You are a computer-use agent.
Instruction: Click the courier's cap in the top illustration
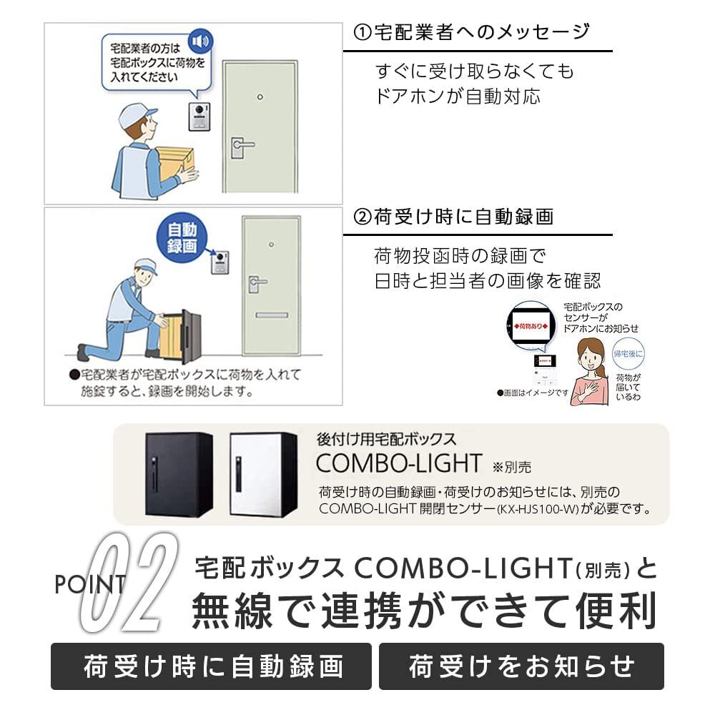point(137,114)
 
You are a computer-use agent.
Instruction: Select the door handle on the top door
point(240,147)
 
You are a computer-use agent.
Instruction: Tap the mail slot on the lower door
point(271,315)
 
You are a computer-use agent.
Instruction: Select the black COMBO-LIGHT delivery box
point(179,473)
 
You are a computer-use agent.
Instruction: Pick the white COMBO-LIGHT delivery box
point(263,473)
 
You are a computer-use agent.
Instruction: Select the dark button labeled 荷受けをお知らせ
point(521,666)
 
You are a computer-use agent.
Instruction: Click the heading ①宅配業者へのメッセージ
point(472,32)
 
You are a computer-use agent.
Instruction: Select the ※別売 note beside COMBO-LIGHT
point(512,467)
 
